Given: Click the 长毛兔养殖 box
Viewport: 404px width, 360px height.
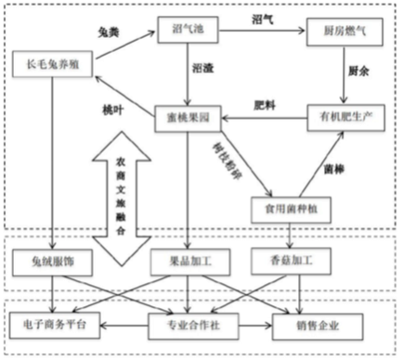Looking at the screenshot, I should click(54, 64).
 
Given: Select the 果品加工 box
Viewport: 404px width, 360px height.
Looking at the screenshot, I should click(189, 262).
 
